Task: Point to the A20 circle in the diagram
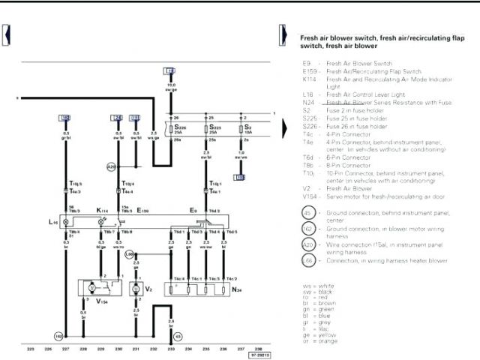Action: tap(111, 166)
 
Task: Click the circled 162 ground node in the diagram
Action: tap(58, 336)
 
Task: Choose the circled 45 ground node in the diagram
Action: tap(178, 336)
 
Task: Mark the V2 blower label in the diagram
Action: tap(148, 288)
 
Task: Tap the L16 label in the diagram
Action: tap(52, 223)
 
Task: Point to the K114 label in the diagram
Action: tap(101, 211)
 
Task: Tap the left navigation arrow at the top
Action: tap(7, 34)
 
